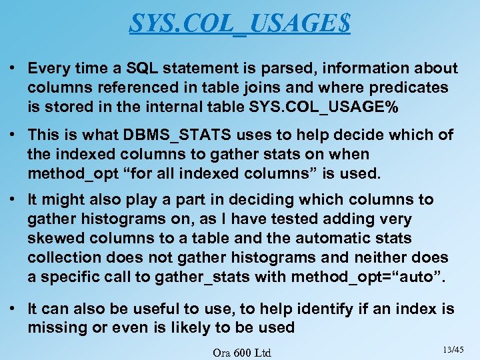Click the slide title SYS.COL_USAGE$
239,24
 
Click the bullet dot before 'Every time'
13,68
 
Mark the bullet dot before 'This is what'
13,135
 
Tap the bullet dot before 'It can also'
13,309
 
